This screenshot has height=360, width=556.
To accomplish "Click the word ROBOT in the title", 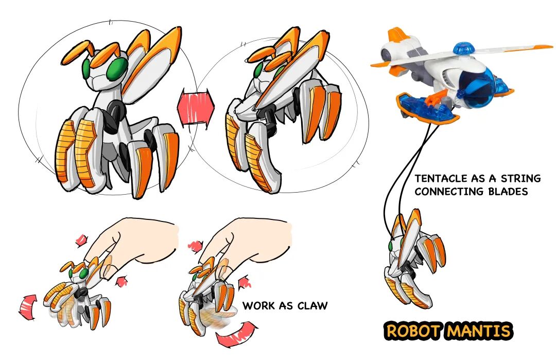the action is pyautogui.click(x=413, y=331).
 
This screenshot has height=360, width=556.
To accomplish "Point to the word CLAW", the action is pyautogui.click(x=312, y=305).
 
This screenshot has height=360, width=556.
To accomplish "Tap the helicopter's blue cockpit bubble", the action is pyautogui.click(x=476, y=82).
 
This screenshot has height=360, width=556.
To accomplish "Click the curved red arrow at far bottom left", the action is pyautogui.click(x=28, y=307).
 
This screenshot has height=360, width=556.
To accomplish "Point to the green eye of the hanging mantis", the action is pyautogui.click(x=391, y=246).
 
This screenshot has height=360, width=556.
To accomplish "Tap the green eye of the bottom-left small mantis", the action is pyautogui.click(x=84, y=273).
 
